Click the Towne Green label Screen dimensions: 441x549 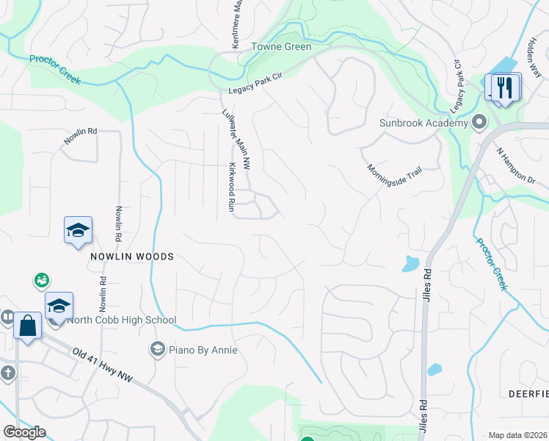click(x=282, y=47)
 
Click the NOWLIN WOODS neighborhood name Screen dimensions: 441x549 click(x=132, y=257)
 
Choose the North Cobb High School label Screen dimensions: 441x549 click(x=122, y=320)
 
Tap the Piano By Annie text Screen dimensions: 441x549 click(x=203, y=350)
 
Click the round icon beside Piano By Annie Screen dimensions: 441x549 click(x=156, y=349)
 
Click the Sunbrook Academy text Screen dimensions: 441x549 click(x=423, y=123)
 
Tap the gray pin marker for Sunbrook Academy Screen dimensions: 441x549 click(x=480, y=121)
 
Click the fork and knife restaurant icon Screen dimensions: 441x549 click(x=503, y=87)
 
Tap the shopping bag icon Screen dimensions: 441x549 click(x=27, y=325)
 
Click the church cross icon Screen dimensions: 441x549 click(x=7, y=373)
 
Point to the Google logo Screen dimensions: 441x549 click(x=24, y=432)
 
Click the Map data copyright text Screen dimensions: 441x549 click(x=517, y=435)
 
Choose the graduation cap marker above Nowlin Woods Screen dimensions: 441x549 click(x=78, y=231)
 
